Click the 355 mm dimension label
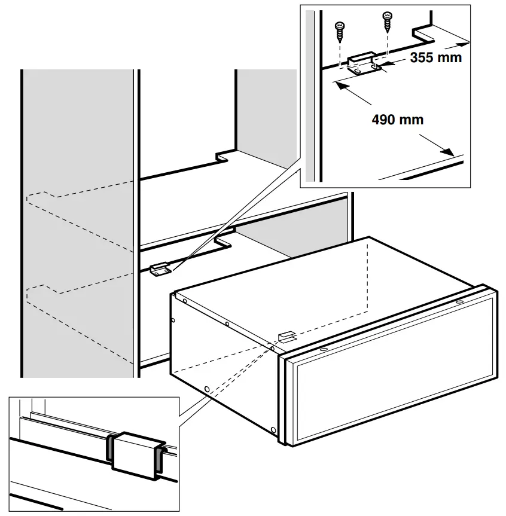pyautogui.click(x=436, y=58)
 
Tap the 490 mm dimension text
pyautogui.click(x=397, y=120)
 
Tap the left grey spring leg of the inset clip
pyautogui.click(x=111, y=448)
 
